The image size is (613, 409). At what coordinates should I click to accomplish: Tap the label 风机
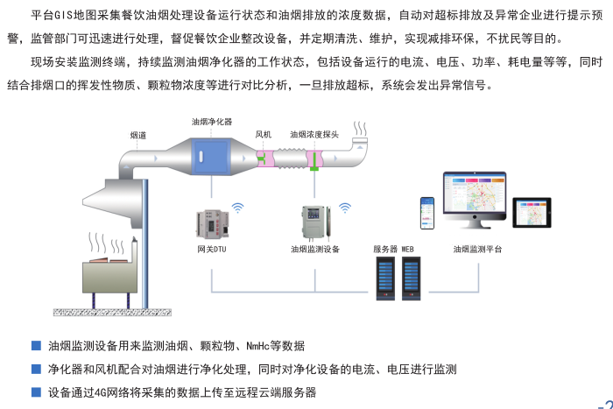(x=264, y=135)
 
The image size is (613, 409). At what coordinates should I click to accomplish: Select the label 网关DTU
(x=212, y=250)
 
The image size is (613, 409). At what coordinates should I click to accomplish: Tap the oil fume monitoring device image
(x=314, y=221)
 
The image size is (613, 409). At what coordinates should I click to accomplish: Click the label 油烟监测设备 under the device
(x=315, y=250)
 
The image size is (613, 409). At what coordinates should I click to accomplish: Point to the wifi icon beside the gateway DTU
(x=237, y=208)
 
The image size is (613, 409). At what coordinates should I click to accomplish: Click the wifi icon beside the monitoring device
(x=344, y=208)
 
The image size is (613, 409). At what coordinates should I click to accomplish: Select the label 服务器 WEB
(x=393, y=250)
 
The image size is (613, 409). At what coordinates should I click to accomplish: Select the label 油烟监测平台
(x=478, y=250)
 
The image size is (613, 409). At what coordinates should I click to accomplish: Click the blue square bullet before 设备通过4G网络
(x=36, y=391)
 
